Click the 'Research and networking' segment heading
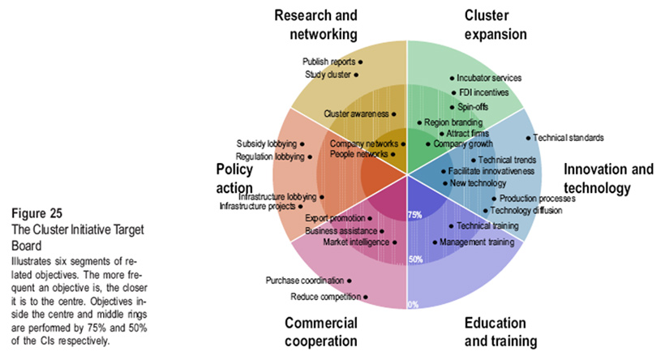point(315,24)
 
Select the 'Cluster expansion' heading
point(496,24)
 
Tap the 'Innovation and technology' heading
point(608,179)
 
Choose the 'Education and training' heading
point(500,332)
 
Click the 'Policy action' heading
point(234,178)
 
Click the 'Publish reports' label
point(328,62)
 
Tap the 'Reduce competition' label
point(324,297)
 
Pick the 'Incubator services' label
point(488,78)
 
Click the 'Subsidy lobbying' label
point(267,144)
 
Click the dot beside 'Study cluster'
point(357,75)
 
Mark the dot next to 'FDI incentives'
point(453,92)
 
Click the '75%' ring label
point(414,216)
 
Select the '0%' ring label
point(413,305)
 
